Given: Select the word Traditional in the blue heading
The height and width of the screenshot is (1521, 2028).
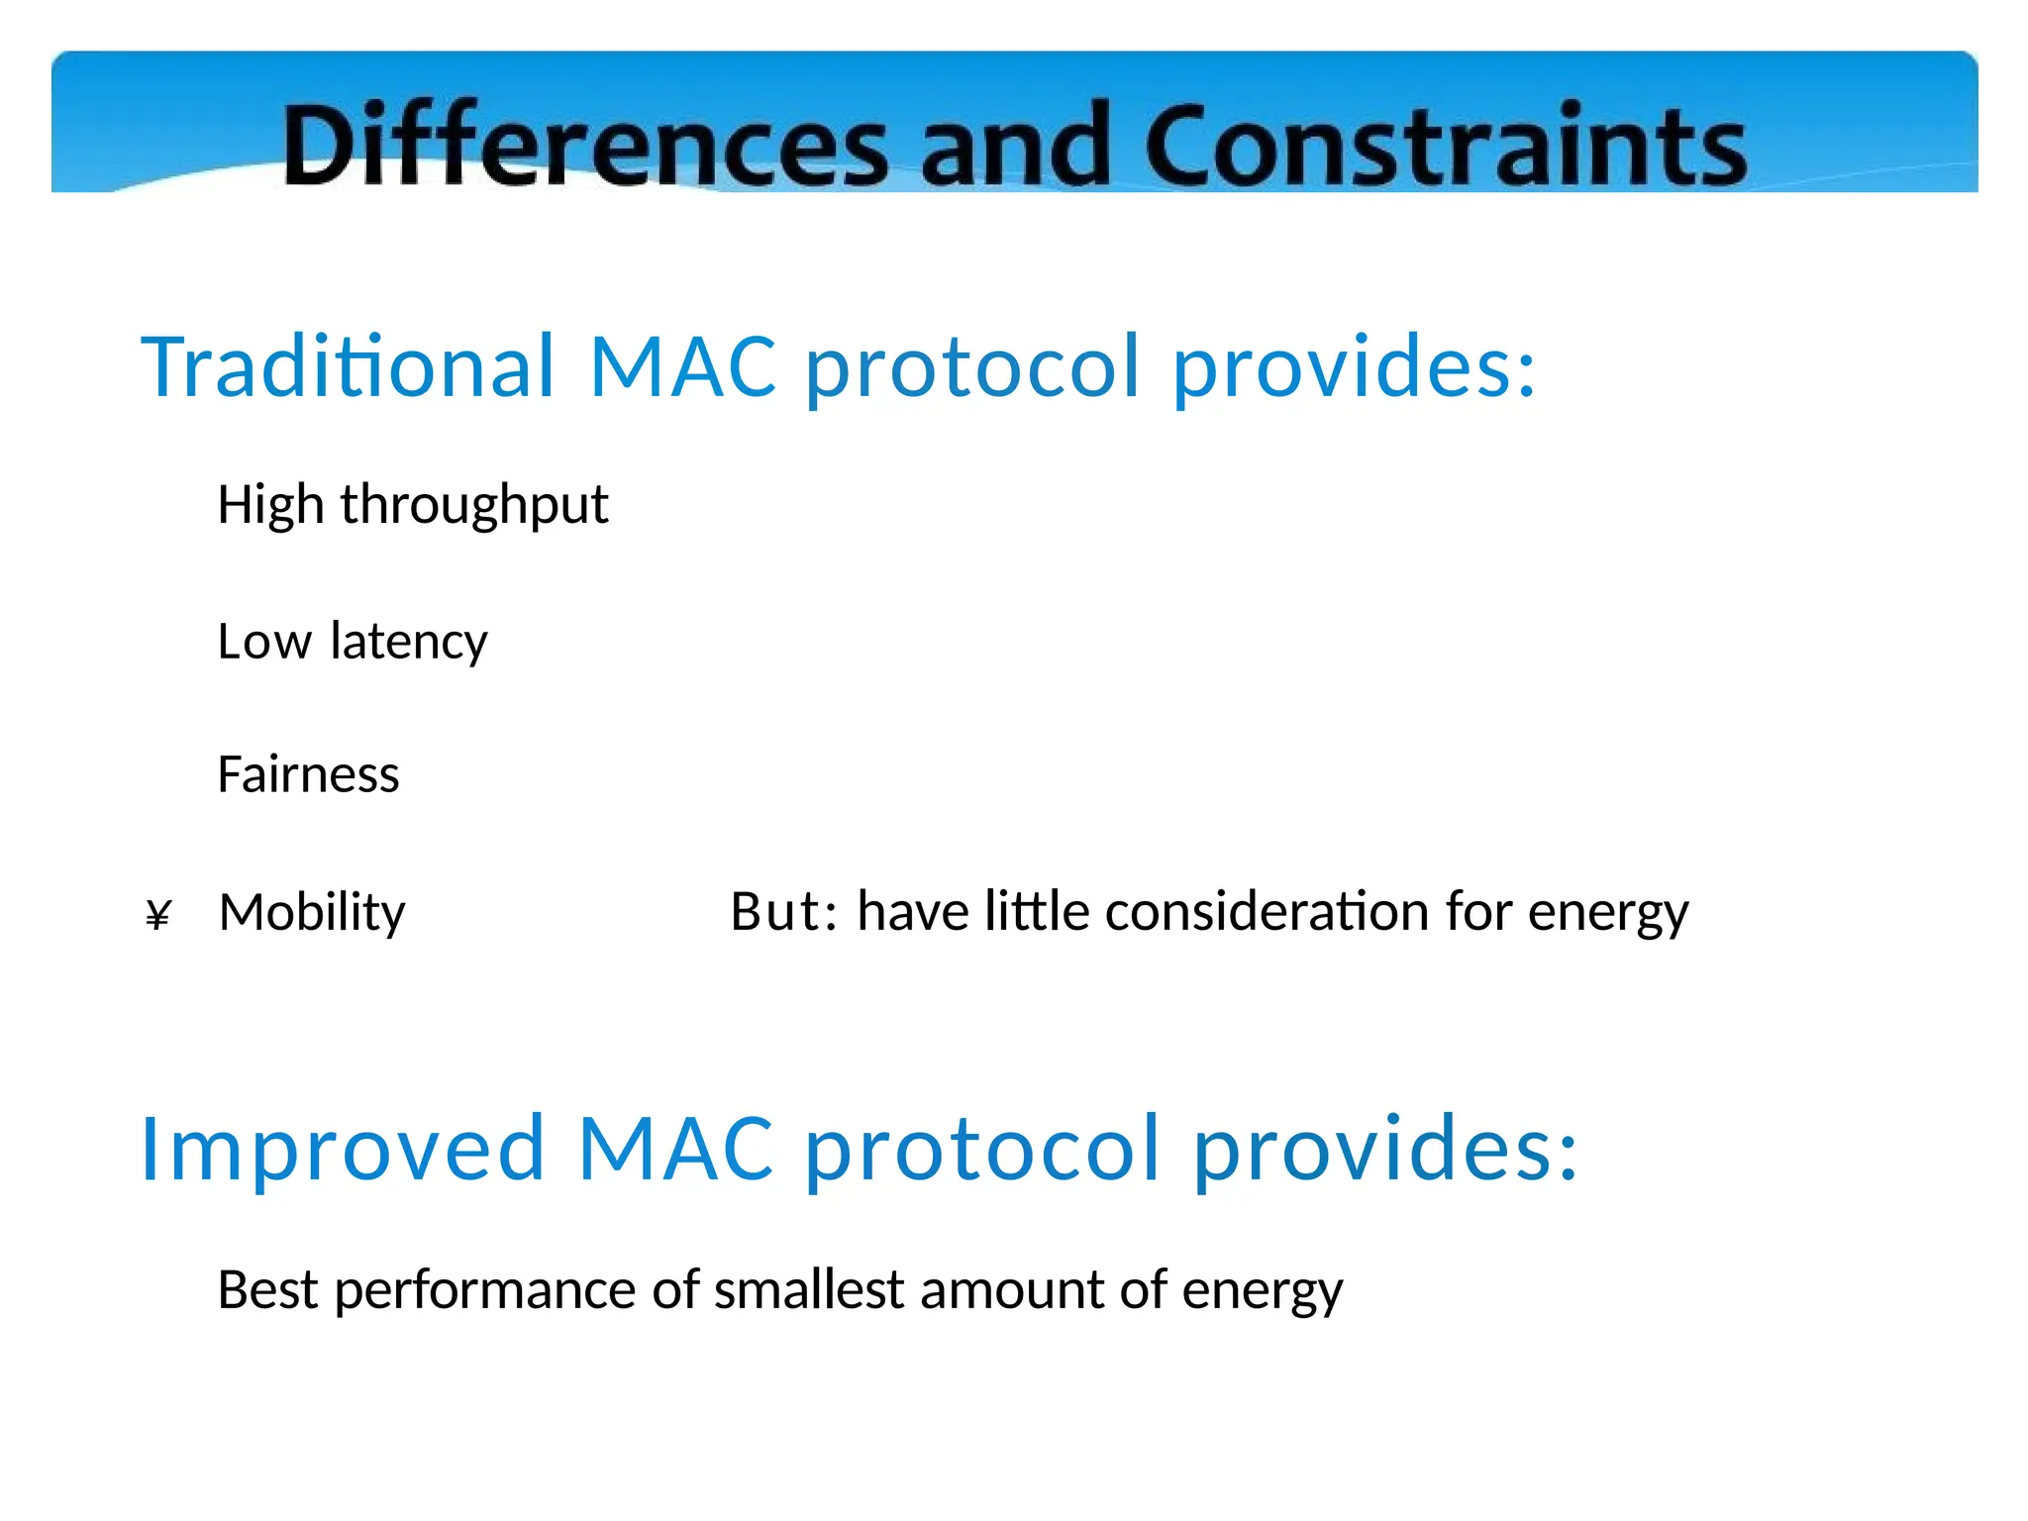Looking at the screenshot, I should pyautogui.click(x=349, y=366).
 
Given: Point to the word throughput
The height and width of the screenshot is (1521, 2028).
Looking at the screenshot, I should pyautogui.click(x=474, y=505).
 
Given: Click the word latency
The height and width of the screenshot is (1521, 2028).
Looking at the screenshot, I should pyautogui.click(x=409, y=642).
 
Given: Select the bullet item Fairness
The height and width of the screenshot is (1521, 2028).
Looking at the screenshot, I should pyautogui.click(x=308, y=774).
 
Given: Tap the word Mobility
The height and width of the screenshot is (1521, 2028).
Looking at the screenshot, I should pyautogui.click(x=312, y=912).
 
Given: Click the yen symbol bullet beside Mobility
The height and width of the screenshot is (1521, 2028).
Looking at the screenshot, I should pyautogui.click(x=158, y=915).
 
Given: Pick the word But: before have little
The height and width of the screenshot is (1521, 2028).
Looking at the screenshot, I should pyautogui.click(x=783, y=912).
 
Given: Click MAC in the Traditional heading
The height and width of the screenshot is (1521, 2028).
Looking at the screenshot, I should pyautogui.click(x=682, y=366).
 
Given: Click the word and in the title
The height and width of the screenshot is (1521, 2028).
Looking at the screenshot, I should pyautogui.click(x=1014, y=146).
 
